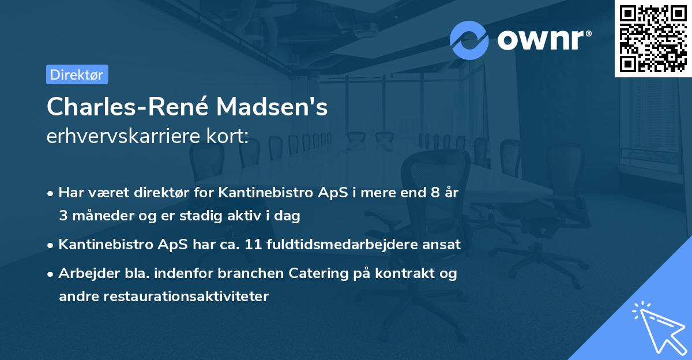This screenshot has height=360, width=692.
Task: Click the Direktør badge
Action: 77,74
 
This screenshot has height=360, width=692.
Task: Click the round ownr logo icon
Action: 469,40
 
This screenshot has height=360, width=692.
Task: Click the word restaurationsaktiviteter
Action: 163,297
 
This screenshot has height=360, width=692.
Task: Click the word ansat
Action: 443,245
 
